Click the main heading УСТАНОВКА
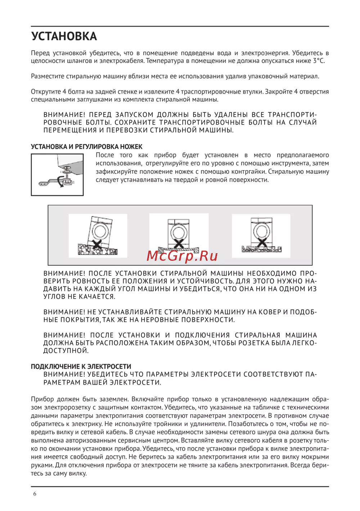point(64,36)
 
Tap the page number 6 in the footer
point(35,494)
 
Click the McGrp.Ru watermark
point(182,256)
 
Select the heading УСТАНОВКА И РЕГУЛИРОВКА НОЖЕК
point(86,147)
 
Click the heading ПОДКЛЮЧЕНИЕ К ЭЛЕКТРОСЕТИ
point(81,366)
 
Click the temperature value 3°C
point(319,61)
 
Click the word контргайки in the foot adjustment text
point(251,171)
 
